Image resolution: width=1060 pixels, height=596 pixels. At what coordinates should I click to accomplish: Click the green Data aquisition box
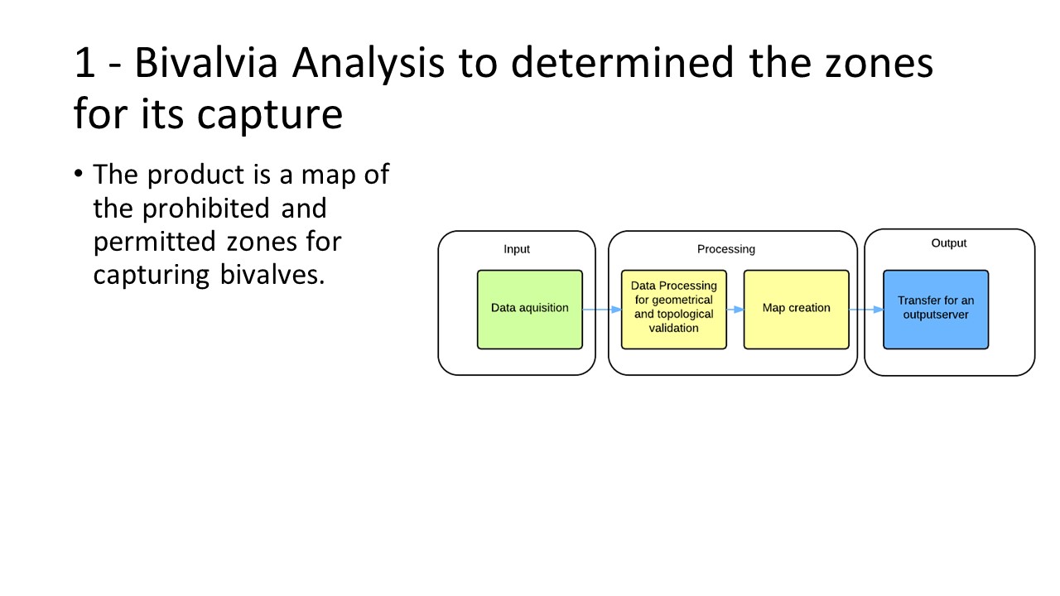pyautogui.click(x=529, y=310)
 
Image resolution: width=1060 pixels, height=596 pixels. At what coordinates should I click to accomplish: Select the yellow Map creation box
pyautogui.click(x=797, y=310)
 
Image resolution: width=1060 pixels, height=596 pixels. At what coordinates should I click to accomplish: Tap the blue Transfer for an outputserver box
pyautogui.click(x=936, y=310)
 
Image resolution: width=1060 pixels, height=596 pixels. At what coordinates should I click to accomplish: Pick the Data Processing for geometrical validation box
pyautogui.click(x=674, y=310)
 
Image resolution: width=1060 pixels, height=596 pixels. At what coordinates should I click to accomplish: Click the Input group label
pyautogui.click(x=516, y=249)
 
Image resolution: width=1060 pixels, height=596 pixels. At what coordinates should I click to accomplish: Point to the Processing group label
pyautogui.click(x=726, y=249)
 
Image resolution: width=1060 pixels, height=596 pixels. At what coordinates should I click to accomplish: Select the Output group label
pyautogui.click(x=949, y=243)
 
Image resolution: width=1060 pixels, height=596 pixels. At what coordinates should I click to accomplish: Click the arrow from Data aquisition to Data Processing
pyautogui.click(x=602, y=310)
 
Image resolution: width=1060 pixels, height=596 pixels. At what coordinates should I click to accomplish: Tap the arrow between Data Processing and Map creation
pyautogui.click(x=735, y=310)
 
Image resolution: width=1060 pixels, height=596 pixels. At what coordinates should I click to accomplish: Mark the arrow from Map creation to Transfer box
pyautogui.click(x=866, y=310)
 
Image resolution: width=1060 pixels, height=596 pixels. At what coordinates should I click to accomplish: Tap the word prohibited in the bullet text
pyautogui.click(x=206, y=208)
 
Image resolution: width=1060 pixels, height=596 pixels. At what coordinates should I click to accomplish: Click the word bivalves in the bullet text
pyautogui.click(x=272, y=275)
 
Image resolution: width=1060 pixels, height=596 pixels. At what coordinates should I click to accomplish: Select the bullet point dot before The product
pyautogui.click(x=79, y=173)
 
